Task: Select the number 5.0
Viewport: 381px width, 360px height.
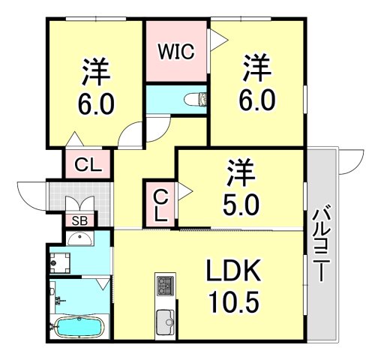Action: coord(241,204)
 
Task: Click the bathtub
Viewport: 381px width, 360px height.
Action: coord(79,328)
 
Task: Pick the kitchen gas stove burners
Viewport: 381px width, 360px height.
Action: coord(164,286)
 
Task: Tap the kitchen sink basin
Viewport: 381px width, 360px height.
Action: coord(164,324)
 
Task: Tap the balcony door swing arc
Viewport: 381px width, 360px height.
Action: coord(349,160)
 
